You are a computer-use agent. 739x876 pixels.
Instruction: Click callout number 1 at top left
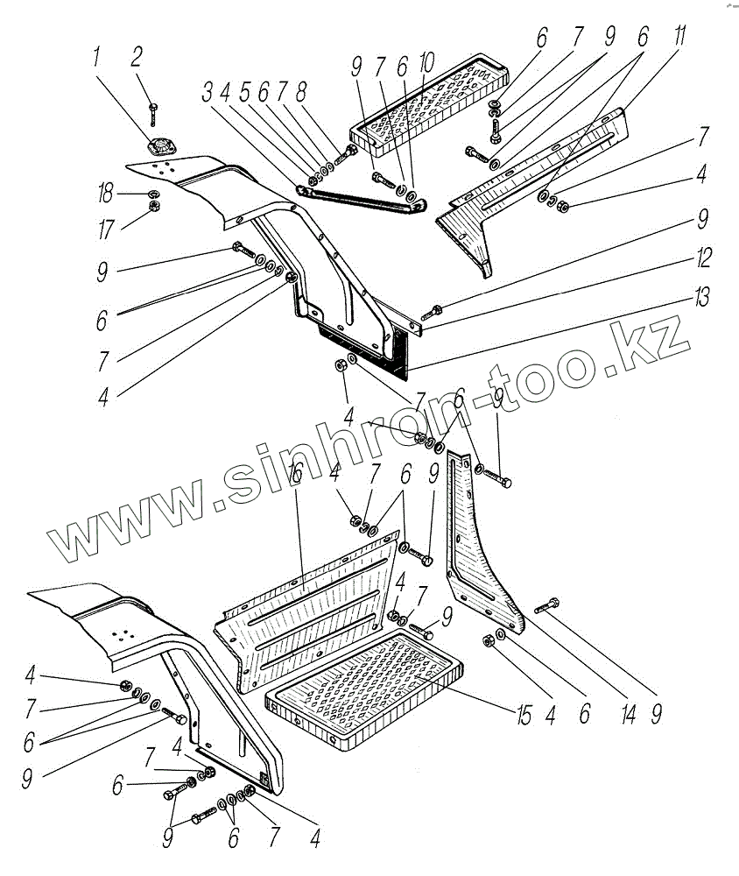[97, 61]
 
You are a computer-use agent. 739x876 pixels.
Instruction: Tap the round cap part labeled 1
[163, 148]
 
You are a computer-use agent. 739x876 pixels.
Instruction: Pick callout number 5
[245, 94]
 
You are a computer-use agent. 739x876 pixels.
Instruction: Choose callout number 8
[301, 94]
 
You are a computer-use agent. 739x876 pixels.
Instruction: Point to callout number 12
[703, 260]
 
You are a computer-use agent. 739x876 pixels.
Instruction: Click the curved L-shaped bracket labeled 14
[482, 561]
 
